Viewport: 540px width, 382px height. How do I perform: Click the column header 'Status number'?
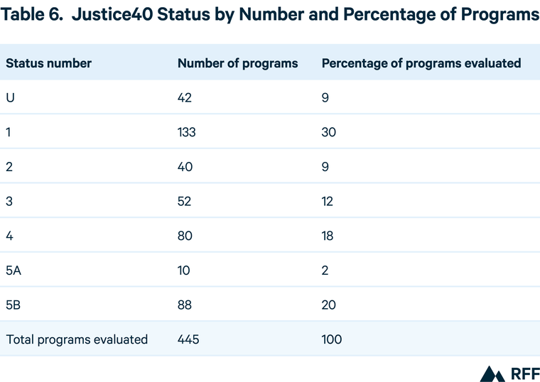48,63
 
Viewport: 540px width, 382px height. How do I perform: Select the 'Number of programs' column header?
237,63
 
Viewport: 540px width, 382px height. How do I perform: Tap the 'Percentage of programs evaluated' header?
421,63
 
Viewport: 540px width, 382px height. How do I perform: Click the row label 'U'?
11,98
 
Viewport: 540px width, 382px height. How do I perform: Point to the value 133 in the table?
186,132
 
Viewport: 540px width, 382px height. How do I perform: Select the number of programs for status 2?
185,167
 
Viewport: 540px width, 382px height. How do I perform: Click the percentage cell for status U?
325,98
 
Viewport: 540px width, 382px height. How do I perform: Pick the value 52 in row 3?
185,202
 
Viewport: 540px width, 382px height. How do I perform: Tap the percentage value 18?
328,236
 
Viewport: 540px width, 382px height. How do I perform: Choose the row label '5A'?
14,271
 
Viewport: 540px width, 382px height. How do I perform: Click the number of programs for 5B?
185,305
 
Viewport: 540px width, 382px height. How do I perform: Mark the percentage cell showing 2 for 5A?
325,271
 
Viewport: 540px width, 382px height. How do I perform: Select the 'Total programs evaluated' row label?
77,339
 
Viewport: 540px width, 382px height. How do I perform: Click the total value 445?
188,339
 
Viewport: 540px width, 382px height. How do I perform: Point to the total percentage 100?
332,339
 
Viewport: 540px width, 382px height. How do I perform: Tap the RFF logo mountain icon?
492,373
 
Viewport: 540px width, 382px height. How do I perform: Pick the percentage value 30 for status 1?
328,132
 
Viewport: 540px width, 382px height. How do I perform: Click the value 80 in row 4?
185,236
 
